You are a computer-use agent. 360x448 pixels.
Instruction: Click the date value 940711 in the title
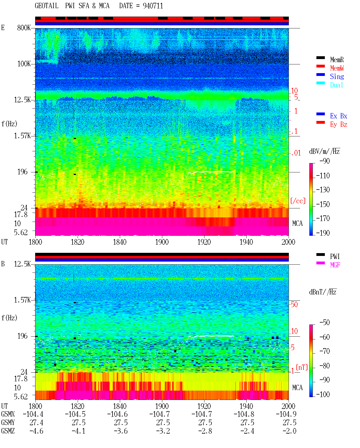[153, 6]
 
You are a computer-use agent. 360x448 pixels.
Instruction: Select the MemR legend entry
[337, 60]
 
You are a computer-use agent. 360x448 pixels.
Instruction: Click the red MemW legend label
[337, 68]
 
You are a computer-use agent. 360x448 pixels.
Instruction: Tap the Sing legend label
[337, 76]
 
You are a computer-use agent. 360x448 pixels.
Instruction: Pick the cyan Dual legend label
[336, 85]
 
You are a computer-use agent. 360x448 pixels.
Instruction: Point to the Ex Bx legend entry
[339, 116]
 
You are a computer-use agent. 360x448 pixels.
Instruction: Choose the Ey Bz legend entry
[339, 125]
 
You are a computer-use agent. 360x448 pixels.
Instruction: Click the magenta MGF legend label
[335, 265]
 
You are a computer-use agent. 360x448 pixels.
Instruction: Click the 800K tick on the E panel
[24, 28]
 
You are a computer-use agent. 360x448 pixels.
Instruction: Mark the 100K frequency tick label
[24, 64]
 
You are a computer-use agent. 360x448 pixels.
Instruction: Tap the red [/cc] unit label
[298, 201]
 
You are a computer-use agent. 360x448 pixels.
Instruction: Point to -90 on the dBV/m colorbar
[325, 161]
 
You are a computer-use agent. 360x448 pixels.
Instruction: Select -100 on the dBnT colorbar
[323, 394]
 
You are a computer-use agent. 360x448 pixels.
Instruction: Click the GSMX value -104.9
[286, 414]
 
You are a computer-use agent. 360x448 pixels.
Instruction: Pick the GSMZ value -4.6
[37, 431]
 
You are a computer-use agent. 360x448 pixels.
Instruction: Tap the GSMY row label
[8, 423]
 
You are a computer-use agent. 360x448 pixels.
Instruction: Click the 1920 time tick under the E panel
[204, 242]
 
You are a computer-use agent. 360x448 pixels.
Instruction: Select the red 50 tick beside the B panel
[294, 305]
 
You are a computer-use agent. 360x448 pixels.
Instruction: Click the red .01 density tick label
[296, 153]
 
